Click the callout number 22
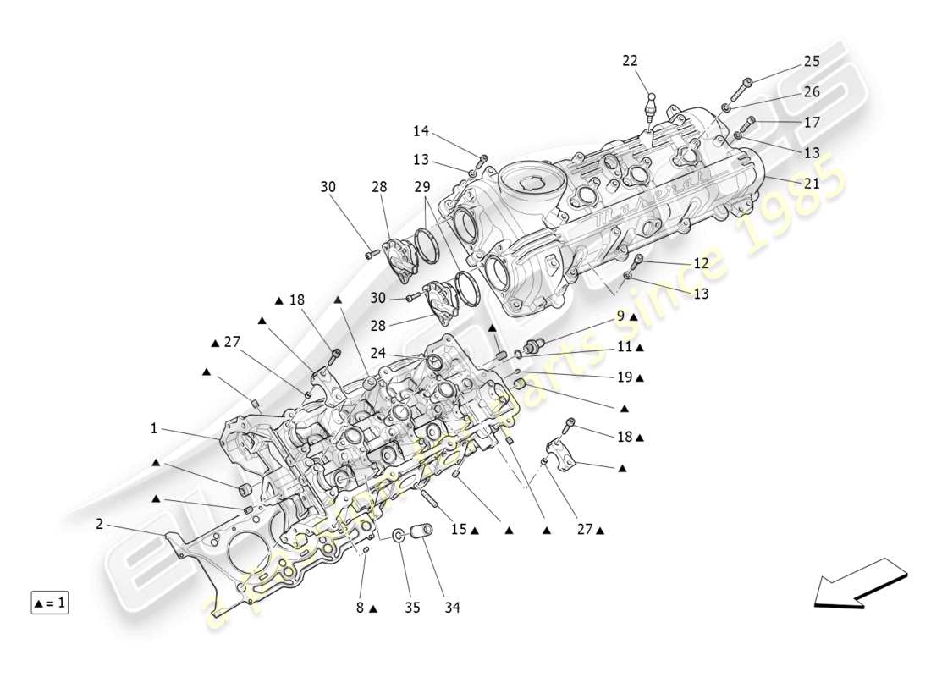coord(630,61)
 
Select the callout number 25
coord(812,61)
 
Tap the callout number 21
coord(812,184)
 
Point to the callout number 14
coord(421,131)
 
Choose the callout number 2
coord(99,525)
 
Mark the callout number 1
coord(154,429)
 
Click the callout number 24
coord(377,354)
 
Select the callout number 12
coord(701,264)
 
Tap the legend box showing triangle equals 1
coord(49,603)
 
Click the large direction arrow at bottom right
coord(859,584)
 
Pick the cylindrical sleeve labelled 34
coord(421,535)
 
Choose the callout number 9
coord(620,316)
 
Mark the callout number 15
coord(458,530)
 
